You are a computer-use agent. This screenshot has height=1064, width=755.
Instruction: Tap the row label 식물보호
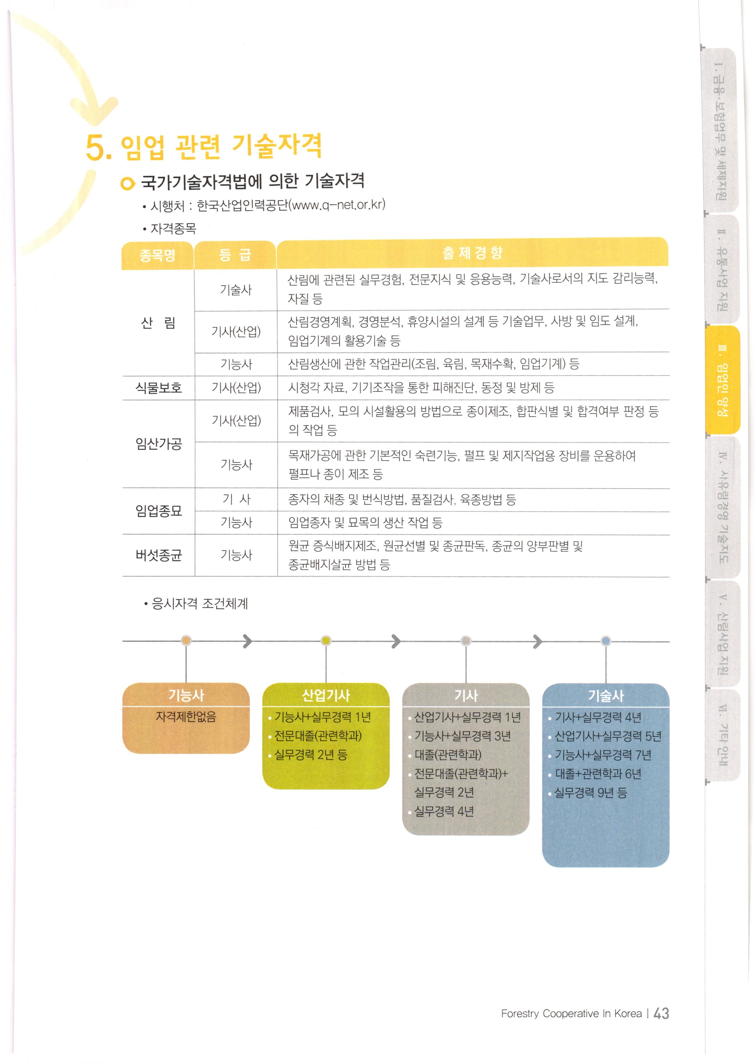(x=159, y=388)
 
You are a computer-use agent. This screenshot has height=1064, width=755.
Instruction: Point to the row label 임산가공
(x=159, y=444)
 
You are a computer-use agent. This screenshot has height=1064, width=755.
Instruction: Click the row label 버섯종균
(x=159, y=555)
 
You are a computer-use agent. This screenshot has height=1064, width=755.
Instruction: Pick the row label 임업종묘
(x=159, y=511)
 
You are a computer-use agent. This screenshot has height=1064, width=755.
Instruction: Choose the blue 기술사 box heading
(x=605, y=696)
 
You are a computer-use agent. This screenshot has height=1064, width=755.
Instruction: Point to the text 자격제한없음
(x=186, y=717)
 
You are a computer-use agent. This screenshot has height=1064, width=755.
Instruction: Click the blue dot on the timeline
(x=606, y=641)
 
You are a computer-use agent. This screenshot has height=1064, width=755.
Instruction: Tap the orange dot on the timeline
(x=186, y=641)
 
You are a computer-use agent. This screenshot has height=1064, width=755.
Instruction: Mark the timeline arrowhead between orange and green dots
(x=248, y=641)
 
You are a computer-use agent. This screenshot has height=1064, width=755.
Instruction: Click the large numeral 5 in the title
(x=96, y=148)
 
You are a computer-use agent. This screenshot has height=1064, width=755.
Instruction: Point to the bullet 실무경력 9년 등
(x=590, y=793)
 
